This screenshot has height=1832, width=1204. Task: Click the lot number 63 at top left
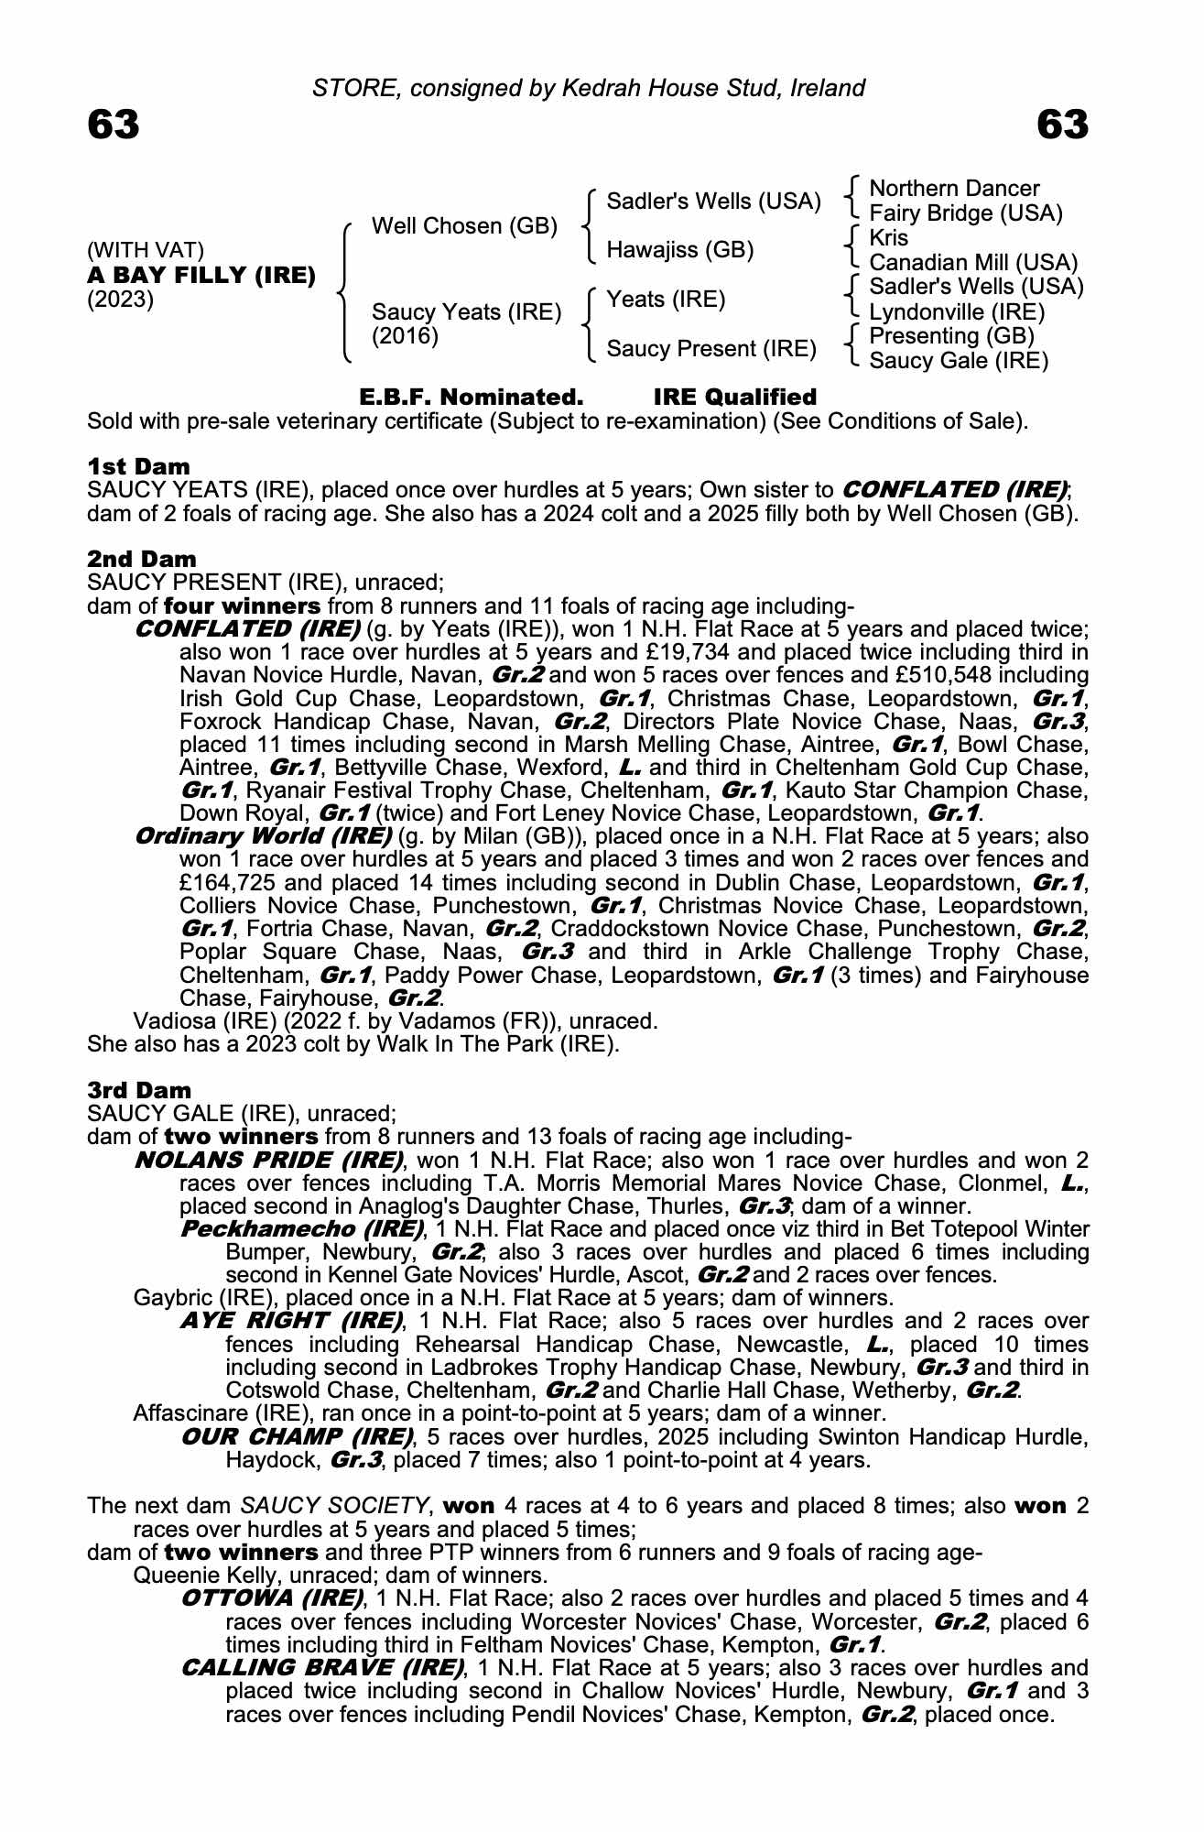(x=114, y=125)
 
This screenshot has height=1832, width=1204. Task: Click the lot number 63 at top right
(x=1062, y=125)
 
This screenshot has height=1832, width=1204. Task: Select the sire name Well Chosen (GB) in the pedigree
(x=464, y=226)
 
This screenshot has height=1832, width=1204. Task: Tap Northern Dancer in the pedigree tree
(x=954, y=189)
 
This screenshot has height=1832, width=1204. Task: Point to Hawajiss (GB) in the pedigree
(x=680, y=250)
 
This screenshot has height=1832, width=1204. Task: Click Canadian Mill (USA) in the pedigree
(x=973, y=263)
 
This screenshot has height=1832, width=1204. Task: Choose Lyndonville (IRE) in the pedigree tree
(x=957, y=311)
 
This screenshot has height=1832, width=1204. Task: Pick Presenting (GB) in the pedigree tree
(x=951, y=336)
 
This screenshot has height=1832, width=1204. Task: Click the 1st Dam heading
(x=138, y=466)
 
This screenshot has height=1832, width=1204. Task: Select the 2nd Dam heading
(x=141, y=559)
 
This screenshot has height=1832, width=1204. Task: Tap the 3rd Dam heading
(x=139, y=1090)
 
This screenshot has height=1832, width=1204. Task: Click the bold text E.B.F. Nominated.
(x=472, y=398)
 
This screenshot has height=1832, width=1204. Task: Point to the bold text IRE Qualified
(x=734, y=398)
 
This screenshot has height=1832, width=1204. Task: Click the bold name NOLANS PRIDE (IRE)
(x=269, y=1160)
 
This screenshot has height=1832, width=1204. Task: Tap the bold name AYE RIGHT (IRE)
(x=292, y=1321)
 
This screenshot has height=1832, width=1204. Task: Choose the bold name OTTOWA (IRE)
(x=272, y=1598)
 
